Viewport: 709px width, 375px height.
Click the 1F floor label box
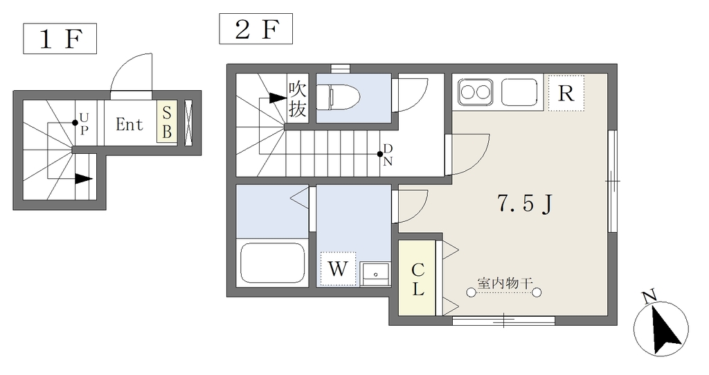pos(60,39)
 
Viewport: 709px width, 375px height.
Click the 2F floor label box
pos(256,29)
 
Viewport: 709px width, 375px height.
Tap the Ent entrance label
pos(129,124)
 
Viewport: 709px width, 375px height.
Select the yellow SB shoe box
pos(167,122)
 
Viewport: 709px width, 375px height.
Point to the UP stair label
pos(84,124)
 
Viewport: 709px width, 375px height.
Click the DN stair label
pos(388,155)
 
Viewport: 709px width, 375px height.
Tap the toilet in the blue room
pos(338,97)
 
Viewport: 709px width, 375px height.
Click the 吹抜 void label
pos(298,98)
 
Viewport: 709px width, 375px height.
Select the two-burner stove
pos(475,92)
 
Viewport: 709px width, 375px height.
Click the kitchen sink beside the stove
pos(519,92)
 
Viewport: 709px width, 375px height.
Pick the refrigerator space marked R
pos(566,94)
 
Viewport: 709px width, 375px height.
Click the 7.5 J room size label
pos(525,204)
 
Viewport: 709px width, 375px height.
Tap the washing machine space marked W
pos(338,269)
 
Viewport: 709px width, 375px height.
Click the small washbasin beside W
pos(376,274)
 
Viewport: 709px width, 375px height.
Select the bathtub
pos(272,263)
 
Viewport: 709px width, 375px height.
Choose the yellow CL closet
pos(417,278)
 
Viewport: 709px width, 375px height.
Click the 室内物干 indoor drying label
pos(505,284)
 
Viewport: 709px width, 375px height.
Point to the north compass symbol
pos(661,326)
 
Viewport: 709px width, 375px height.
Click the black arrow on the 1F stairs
pos(83,179)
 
